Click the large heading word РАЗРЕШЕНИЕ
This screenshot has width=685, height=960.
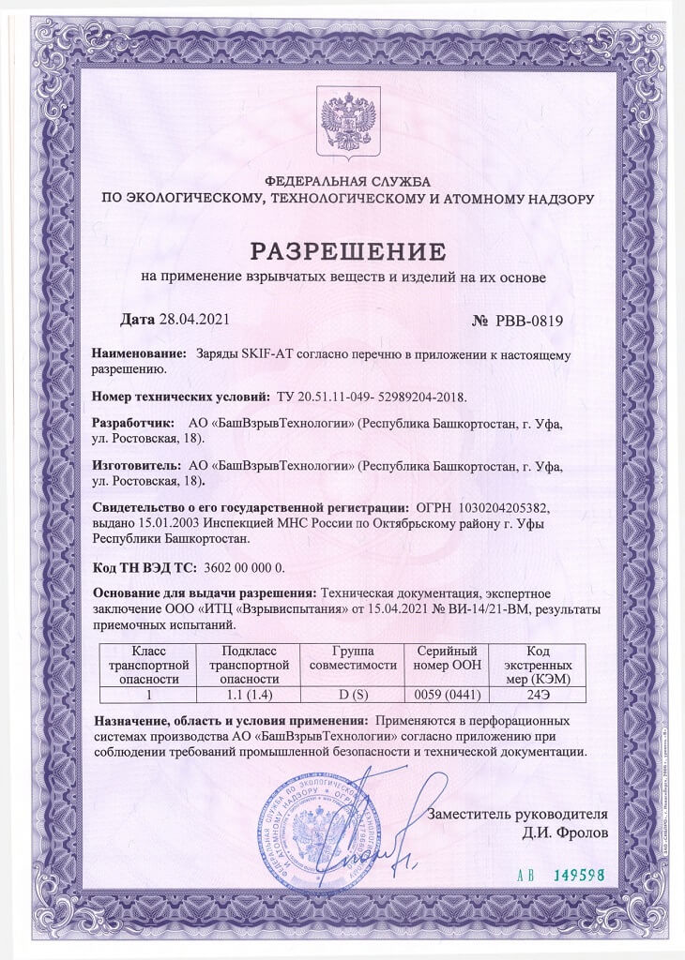pyautogui.click(x=342, y=251)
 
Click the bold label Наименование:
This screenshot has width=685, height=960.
pyautogui.click(x=140, y=355)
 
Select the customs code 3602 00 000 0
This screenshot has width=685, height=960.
pyautogui.click(x=243, y=567)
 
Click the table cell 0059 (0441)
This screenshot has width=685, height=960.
pyautogui.click(x=447, y=696)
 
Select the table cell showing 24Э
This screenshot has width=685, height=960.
pyautogui.click(x=539, y=696)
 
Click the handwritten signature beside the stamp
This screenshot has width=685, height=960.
pyautogui.click(x=387, y=844)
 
